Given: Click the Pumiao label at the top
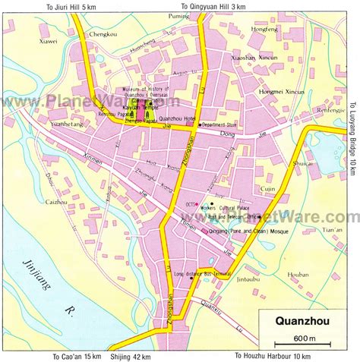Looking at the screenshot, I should tap(179, 15).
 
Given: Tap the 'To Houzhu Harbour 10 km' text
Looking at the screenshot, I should tap(273, 356).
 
